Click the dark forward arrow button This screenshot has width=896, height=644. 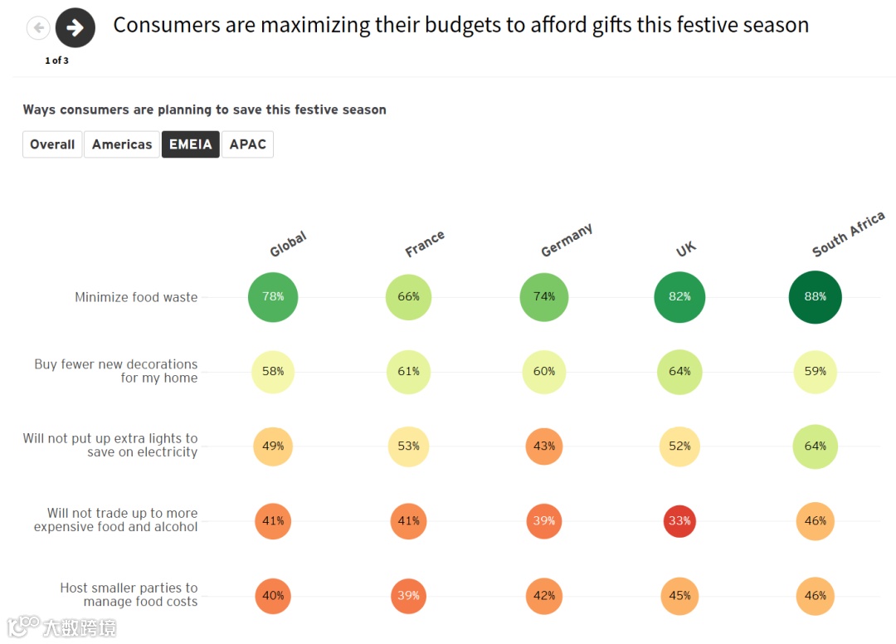point(75,27)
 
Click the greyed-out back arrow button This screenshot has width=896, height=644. point(38,28)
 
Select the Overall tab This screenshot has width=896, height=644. point(52,144)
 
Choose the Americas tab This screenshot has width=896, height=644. point(122,144)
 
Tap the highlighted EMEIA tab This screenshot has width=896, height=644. point(191,144)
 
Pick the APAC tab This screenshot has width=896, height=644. point(247,144)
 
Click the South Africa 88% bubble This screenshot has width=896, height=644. point(815,297)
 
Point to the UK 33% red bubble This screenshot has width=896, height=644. point(679,521)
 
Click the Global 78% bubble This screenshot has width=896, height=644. point(273,297)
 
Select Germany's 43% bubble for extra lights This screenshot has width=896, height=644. point(544,446)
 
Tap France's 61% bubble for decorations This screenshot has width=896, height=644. point(408,372)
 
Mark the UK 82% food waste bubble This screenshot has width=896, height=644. point(679,297)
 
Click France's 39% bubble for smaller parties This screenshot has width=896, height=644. point(408,596)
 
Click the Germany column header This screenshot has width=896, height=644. point(567,241)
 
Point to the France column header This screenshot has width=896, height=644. point(425,244)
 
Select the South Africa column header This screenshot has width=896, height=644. point(848,235)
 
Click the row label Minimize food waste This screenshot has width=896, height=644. point(136,297)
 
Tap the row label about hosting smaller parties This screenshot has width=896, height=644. point(129,594)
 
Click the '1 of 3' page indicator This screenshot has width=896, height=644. point(56,61)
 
